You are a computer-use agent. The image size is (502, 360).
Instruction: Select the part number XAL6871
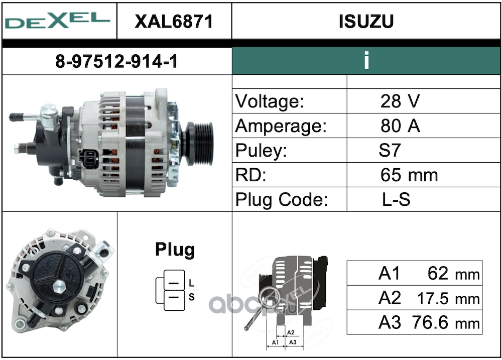174,22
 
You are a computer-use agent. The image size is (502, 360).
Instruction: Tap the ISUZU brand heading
366,22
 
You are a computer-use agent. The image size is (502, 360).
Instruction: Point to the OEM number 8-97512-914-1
116,61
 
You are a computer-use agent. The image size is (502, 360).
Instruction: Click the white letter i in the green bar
366,60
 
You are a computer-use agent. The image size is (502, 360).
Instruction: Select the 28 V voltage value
400,101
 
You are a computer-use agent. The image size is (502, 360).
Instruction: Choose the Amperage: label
281,126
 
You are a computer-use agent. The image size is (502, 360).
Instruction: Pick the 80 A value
400,126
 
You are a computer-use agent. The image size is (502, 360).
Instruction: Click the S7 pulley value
390,150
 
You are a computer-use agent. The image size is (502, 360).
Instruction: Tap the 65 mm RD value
409,175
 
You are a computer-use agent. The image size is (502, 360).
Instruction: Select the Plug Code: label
282,199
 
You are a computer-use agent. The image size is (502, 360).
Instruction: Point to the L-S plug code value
396,199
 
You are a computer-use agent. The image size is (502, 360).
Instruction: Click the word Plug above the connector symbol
175,250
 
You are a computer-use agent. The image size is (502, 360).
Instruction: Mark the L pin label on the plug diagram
191,283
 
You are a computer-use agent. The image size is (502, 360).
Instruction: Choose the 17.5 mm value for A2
448,298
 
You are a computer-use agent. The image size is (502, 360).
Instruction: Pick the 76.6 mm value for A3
446,322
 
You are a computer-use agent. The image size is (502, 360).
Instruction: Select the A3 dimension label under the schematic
293,342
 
